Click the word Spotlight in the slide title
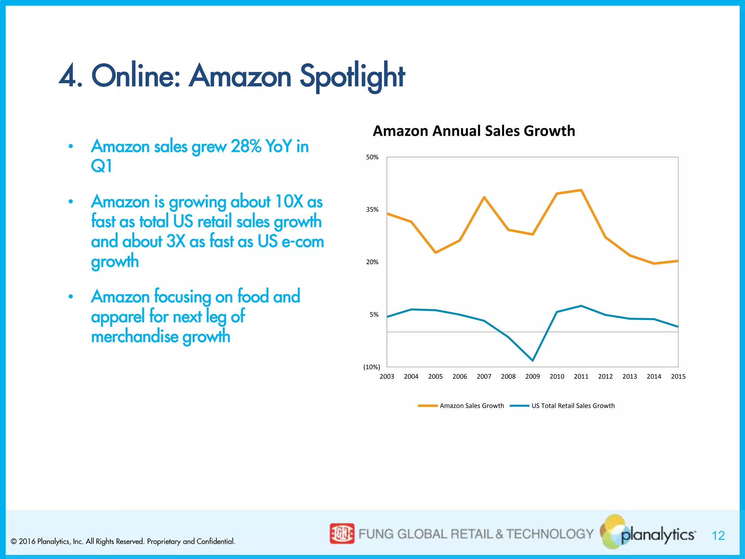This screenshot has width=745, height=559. pyautogui.click(x=352, y=76)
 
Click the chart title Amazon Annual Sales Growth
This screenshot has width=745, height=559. pyautogui.click(x=474, y=131)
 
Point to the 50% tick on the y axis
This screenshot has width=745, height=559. pyautogui.click(x=372, y=157)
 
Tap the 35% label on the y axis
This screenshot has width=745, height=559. pyautogui.click(x=372, y=210)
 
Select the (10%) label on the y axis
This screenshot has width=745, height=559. pyautogui.click(x=371, y=367)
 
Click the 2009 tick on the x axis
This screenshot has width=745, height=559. pyautogui.click(x=532, y=376)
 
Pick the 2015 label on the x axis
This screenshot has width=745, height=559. pyautogui.click(x=678, y=376)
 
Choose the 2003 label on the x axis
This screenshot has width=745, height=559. pyautogui.click(x=387, y=376)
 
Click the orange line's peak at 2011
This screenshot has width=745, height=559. pyautogui.click(x=581, y=190)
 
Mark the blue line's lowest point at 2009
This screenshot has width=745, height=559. pyautogui.click(x=533, y=360)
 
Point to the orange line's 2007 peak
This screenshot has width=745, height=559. pyautogui.click(x=484, y=197)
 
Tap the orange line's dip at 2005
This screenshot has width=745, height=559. pyautogui.click(x=435, y=253)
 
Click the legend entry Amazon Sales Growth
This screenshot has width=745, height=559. pyautogui.click(x=471, y=405)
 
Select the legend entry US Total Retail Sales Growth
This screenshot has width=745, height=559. pyautogui.click(x=573, y=405)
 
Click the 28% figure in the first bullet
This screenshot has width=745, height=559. pyautogui.click(x=246, y=146)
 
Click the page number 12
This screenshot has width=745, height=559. pyautogui.click(x=718, y=535)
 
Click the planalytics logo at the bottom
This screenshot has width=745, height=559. pyautogui.click(x=651, y=534)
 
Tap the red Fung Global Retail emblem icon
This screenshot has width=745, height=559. pyautogui.click(x=342, y=534)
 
